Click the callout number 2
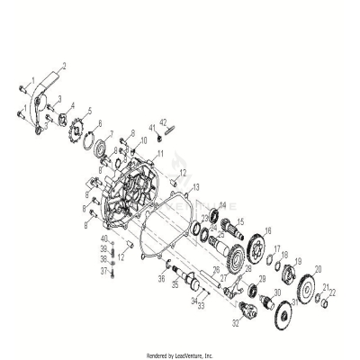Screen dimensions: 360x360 coord(65,67)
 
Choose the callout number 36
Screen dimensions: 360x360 coord(162,279)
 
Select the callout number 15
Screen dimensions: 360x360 coord(239,220)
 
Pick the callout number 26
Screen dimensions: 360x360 coord(215,269)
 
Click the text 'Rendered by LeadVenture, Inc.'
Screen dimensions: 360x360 coord(179,355)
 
